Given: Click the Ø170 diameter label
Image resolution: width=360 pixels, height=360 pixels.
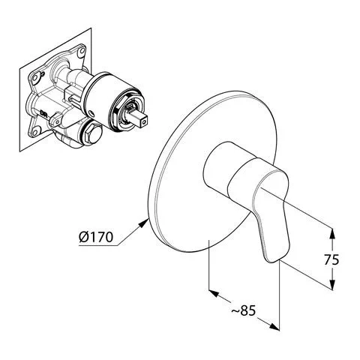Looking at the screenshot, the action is click(96, 236).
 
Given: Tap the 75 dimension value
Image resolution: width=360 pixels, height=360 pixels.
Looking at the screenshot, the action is click(331, 259).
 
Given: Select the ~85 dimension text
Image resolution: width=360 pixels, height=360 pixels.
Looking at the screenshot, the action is click(243, 310).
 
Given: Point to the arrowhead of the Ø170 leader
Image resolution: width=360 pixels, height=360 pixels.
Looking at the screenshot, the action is click(144, 222).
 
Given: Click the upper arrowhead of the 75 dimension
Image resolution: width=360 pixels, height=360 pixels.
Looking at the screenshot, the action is click(331, 234).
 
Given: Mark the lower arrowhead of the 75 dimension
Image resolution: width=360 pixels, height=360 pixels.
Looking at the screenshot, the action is click(331, 284).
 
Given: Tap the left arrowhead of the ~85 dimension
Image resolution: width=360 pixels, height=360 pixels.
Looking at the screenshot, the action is click(214, 292).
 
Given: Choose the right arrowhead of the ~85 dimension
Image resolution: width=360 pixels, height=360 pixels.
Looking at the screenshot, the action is click(274, 327).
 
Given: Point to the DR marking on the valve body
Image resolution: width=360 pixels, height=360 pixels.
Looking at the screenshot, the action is click(44, 112).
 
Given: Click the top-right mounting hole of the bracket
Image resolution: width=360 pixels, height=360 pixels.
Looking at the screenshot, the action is click(81, 52).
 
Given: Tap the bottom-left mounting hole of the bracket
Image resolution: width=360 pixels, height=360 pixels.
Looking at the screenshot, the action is click(36, 131).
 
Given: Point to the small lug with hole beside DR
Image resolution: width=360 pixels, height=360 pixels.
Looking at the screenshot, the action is click(55, 119).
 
